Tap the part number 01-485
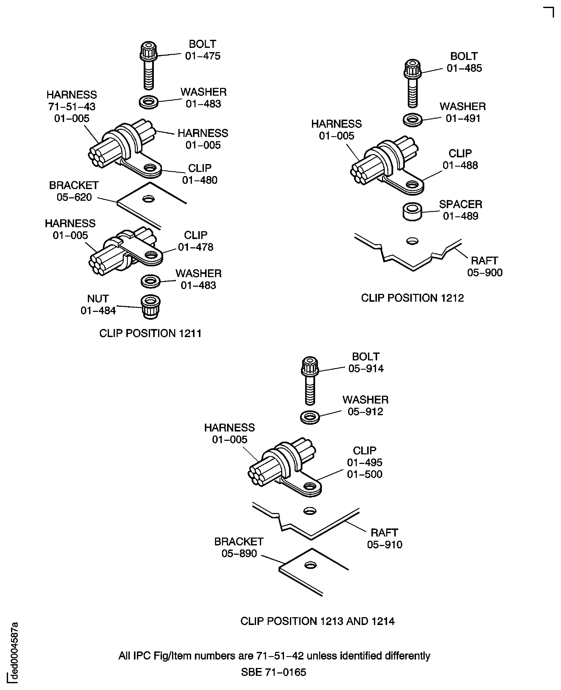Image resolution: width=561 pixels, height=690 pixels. click(x=464, y=68)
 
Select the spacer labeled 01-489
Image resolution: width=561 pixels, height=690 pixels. click(x=412, y=212)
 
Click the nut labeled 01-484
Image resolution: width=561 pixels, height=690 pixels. click(x=151, y=307)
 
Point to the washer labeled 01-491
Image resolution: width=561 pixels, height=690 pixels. click(x=412, y=120)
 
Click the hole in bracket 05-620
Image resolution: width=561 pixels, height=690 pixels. click(x=148, y=199)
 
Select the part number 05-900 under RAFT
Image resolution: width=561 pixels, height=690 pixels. click(x=485, y=272)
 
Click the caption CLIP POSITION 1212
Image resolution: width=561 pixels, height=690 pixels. click(x=412, y=298)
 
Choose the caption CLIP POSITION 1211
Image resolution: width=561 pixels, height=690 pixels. click(x=150, y=333)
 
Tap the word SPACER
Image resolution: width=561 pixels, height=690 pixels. click(x=460, y=204)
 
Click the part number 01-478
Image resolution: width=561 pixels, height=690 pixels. click(x=196, y=247)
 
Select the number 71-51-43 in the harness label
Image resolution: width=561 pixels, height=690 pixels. click(x=72, y=107)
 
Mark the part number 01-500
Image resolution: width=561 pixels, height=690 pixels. click(x=365, y=474)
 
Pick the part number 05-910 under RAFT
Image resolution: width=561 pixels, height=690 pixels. click(x=385, y=545)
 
